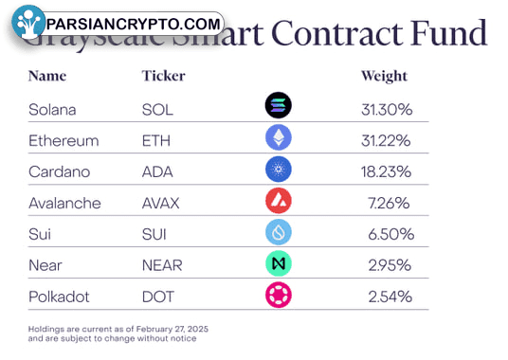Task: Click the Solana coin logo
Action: (x=278, y=106)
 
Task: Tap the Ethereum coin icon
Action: (x=278, y=138)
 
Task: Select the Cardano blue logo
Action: (x=278, y=170)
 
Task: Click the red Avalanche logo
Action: (x=278, y=201)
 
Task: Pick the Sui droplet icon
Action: (x=278, y=232)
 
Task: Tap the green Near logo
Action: (x=278, y=263)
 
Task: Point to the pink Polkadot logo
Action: (x=278, y=295)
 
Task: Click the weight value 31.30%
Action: (x=386, y=109)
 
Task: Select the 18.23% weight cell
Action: (x=386, y=171)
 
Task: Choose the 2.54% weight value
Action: (x=389, y=297)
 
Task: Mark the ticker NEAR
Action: (x=161, y=265)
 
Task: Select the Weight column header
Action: (x=384, y=76)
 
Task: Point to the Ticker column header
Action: (x=163, y=76)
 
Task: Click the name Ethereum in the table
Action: (x=63, y=140)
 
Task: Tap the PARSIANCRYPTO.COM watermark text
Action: (x=133, y=24)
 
